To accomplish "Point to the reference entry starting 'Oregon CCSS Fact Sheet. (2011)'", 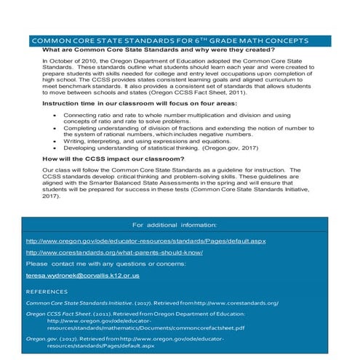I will [x=138, y=320].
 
